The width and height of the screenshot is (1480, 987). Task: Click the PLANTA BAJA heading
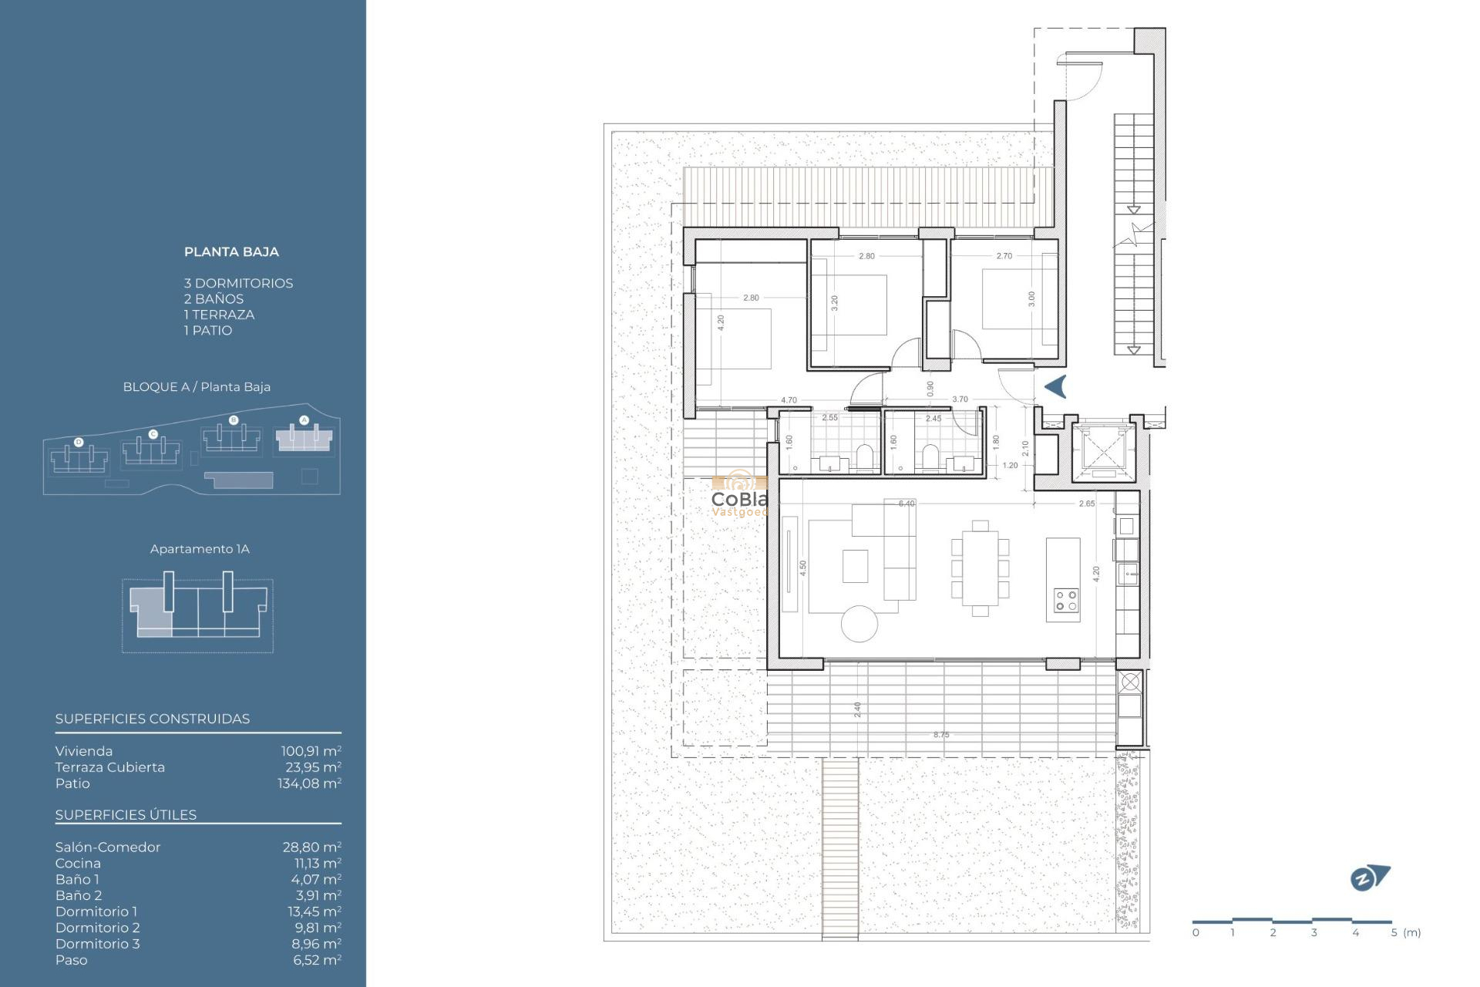(x=231, y=252)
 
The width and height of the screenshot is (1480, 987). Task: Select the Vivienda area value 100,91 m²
(x=311, y=751)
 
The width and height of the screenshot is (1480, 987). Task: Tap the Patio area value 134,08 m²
(x=309, y=783)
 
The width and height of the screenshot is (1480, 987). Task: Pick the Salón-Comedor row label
(x=108, y=847)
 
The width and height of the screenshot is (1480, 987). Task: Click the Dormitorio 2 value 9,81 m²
(x=318, y=928)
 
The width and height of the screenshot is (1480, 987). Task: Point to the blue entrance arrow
(x=1055, y=386)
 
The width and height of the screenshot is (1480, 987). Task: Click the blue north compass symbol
(x=1369, y=878)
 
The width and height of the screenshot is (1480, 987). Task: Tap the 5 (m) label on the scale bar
(x=1406, y=932)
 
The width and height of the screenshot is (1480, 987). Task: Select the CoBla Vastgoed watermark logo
(x=739, y=495)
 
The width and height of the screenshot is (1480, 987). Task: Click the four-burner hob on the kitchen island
(x=1066, y=601)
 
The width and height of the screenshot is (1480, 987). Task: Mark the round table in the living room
(x=859, y=624)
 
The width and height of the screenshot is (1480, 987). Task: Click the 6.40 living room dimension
(x=906, y=504)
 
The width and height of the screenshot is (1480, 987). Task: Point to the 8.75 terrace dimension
(x=941, y=735)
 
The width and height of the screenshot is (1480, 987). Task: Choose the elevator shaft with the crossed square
(x=1104, y=450)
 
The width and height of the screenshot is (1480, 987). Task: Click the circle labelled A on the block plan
(x=304, y=420)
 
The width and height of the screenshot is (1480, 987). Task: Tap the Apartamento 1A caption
(x=200, y=549)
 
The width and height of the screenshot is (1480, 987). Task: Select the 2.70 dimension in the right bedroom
(x=1004, y=256)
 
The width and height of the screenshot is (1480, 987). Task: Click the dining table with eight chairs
(x=980, y=568)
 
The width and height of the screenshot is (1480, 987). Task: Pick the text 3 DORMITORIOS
(x=238, y=283)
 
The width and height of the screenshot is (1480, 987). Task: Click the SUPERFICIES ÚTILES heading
(x=126, y=815)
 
